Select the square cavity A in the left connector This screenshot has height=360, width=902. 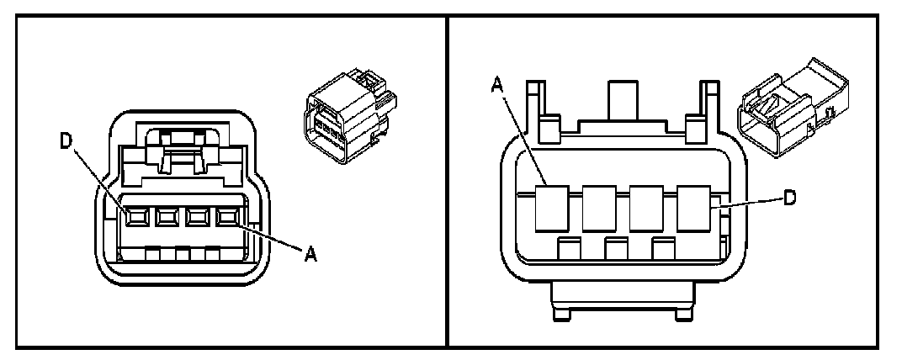pos(225,217)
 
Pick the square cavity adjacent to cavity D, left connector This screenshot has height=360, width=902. pos(165,217)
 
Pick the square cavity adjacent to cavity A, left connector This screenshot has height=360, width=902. pos(195,217)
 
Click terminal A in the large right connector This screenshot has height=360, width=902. pos(553,209)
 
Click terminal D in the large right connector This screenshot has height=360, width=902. pos(694,209)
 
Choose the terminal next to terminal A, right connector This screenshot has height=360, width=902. pos(600,209)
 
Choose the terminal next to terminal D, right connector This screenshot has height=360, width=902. pos(647,209)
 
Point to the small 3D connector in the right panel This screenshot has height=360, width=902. pos(788,106)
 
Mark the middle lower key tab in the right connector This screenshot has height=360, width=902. pos(616,249)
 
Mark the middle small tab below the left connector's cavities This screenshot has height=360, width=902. pos(179,252)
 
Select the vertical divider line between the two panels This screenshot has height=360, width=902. pos(446,180)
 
